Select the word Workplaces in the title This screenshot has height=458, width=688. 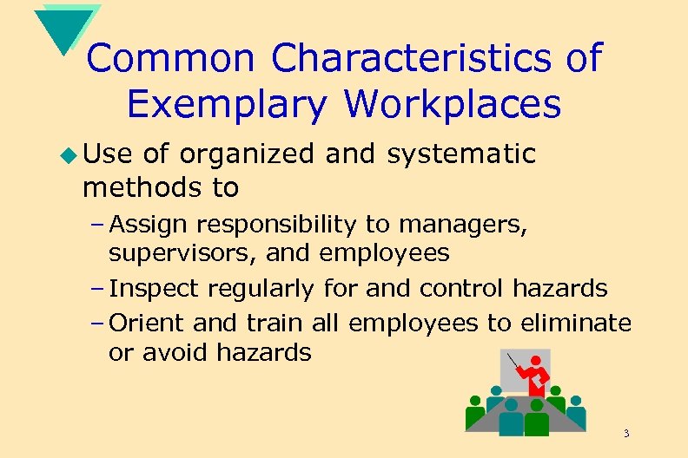click(x=452, y=105)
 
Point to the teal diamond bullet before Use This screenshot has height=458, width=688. click(x=70, y=156)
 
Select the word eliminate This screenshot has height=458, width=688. click(x=575, y=323)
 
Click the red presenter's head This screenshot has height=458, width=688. click(x=537, y=360)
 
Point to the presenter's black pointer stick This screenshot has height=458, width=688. click(x=514, y=363)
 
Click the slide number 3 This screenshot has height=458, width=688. click(x=625, y=433)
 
